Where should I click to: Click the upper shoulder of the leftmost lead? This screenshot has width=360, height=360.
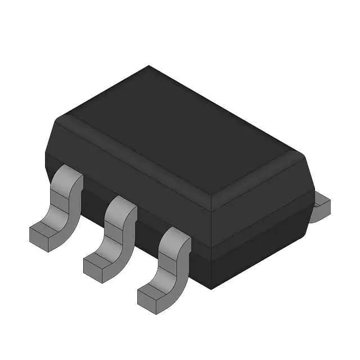click(69, 179)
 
